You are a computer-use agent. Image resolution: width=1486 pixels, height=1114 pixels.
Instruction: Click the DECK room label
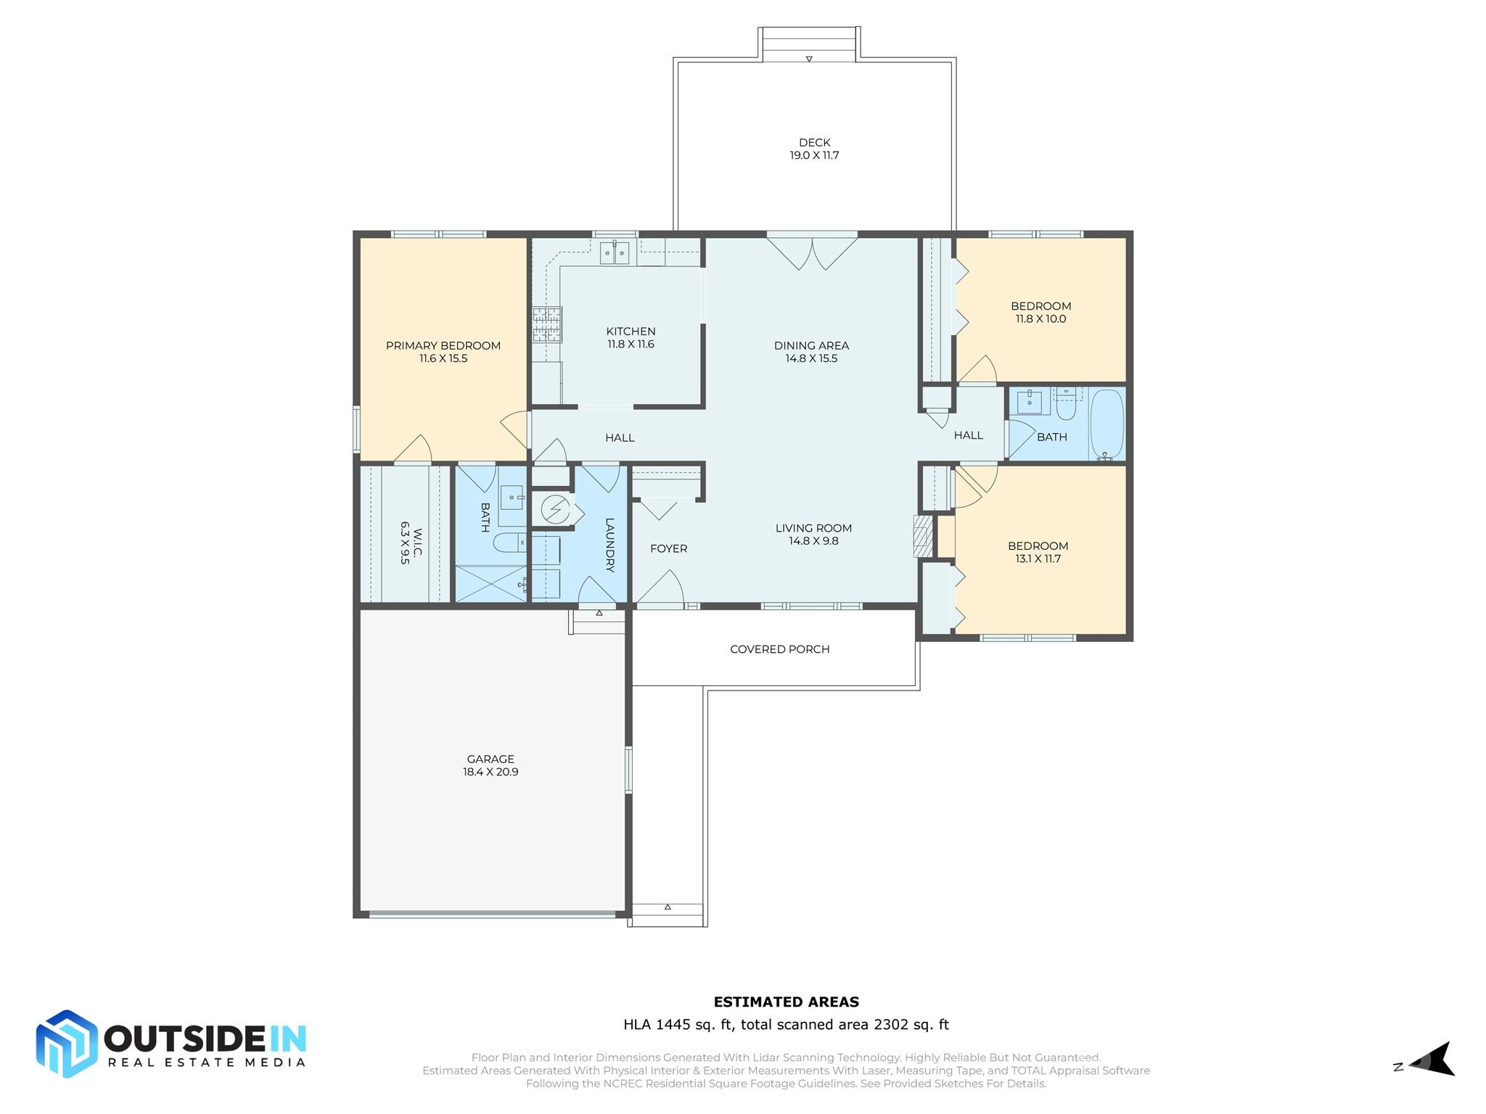tap(814, 142)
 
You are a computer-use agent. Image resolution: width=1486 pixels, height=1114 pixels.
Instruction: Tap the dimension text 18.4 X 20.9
tap(490, 772)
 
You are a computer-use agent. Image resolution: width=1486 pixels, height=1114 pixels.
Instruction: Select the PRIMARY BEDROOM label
tap(443, 345)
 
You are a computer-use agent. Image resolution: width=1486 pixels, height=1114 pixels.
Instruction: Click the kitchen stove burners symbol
tap(547, 324)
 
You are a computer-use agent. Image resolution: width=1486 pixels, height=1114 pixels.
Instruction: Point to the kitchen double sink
tap(615, 253)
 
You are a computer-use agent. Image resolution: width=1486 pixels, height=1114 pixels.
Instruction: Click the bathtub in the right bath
tap(1107, 424)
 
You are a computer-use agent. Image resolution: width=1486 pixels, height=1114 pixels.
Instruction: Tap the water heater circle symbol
tap(556, 509)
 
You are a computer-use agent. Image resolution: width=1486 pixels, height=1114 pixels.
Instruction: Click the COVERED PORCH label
tap(779, 649)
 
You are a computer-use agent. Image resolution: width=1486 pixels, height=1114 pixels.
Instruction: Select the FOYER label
tap(668, 548)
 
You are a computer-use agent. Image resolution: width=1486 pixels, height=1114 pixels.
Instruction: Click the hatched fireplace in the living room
tap(922, 537)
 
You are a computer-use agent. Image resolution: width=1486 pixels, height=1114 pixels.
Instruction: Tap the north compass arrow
tap(1433, 1065)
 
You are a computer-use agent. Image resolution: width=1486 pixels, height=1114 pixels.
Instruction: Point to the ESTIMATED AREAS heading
tap(786, 1002)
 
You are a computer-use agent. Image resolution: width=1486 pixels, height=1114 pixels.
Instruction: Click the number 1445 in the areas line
tap(672, 1025)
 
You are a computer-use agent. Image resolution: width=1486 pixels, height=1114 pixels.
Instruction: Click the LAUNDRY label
tap(609, 545)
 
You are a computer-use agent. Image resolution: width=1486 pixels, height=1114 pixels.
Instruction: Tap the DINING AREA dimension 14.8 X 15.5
tap(811, 358)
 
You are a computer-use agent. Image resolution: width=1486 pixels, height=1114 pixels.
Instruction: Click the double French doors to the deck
tap(812, 253)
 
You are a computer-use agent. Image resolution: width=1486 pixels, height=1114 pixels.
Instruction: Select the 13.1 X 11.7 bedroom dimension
tap(1038, 558)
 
